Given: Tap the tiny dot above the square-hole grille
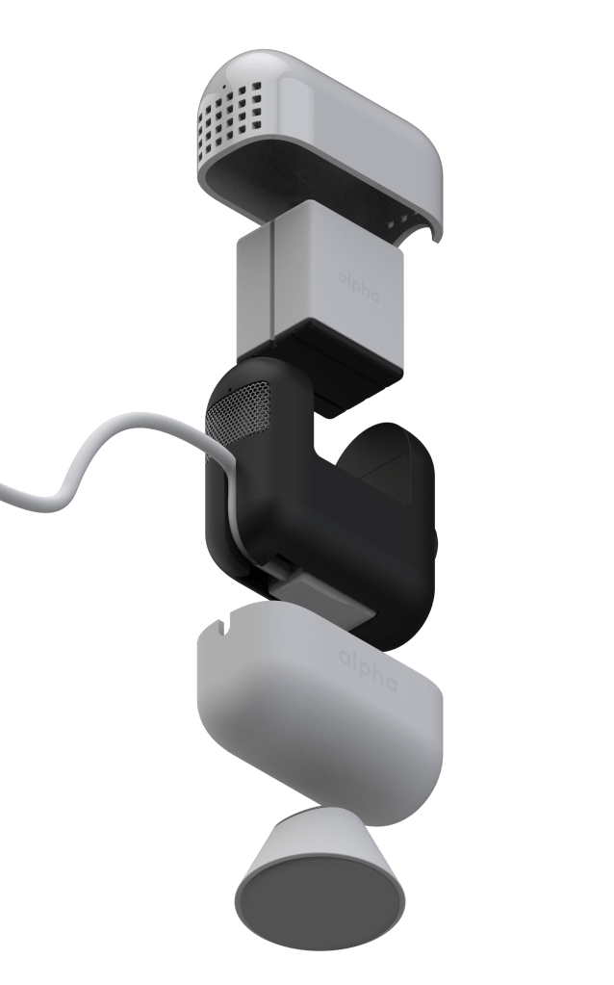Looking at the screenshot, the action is (x=223, y=84).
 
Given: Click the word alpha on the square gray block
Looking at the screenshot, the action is (x=358, y=287).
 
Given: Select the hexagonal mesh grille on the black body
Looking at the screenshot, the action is (x=239, y=415).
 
